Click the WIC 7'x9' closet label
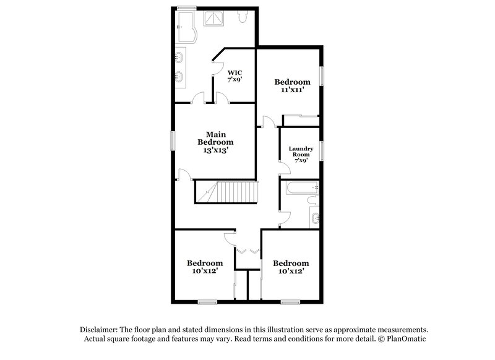tap(235, 75)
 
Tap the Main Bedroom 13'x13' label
tap(215, 142)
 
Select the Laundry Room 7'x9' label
tap(301, 154)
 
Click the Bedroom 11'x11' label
tap(292, 86)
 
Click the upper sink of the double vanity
tap(180, 58)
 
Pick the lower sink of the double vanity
tap(180, 78)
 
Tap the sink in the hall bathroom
tap(314, 217)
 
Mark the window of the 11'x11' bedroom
tap(322, 77)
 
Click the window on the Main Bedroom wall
tap(173, 142)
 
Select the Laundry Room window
tap(322, 152)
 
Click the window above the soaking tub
tap(187, 7)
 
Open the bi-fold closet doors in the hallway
tap(248, 251)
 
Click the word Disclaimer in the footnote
tap(100, 330)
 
